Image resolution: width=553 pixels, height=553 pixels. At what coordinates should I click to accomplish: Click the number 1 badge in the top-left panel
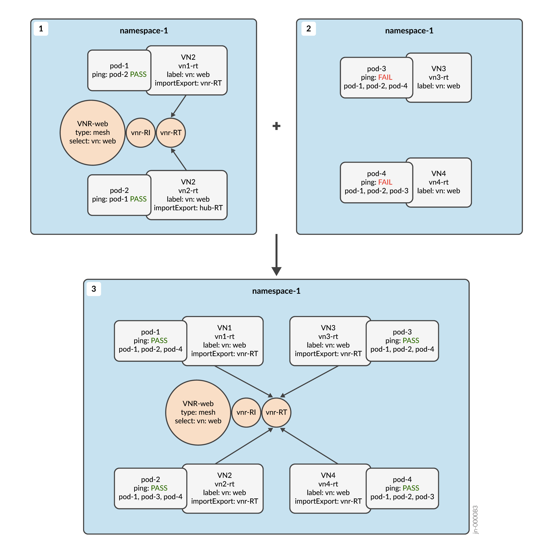point(41,29)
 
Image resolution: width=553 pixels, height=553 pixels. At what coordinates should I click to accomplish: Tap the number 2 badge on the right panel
point(308,29)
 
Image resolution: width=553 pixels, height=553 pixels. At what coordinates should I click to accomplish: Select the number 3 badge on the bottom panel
point(94,289)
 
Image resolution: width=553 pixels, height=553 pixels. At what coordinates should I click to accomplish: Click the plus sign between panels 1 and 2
point(276,126)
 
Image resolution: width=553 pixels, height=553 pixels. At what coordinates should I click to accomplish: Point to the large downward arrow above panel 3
point(276,255)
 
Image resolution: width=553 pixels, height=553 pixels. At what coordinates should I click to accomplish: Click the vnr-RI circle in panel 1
point(141,132)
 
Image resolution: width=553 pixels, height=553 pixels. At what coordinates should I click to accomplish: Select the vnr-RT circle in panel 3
point(276,412)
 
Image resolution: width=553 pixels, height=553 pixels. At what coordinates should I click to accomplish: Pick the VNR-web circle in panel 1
point(92,132)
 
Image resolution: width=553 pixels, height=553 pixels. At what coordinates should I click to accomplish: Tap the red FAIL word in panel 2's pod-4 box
point(385,182)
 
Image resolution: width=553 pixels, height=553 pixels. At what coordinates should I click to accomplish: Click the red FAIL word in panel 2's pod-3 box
point(385,77)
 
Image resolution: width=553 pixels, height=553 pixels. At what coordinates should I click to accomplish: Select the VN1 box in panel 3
point(225,341)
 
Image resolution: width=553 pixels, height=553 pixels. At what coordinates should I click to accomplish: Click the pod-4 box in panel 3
point(402,488)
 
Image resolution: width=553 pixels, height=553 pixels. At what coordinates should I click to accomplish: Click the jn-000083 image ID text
point(475,520)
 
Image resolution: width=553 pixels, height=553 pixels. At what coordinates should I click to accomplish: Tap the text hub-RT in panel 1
point(211,208)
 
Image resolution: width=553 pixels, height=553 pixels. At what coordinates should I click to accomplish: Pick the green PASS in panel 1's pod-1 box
point(138,74)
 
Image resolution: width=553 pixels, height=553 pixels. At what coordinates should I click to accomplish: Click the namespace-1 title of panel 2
point(409,31)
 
